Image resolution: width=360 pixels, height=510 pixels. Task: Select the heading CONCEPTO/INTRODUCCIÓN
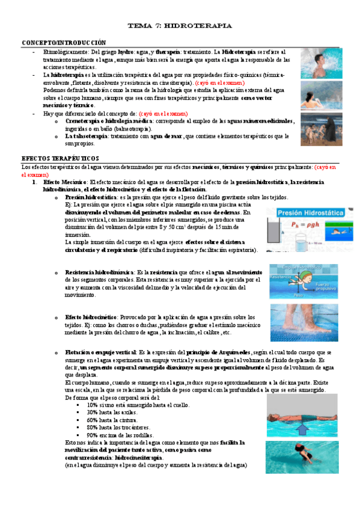pyautogui.click(x=64, y=43)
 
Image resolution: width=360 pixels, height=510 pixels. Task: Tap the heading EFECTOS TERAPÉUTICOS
pyautogui.click(x=56, y=157)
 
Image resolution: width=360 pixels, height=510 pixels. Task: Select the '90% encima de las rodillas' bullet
pyautogui.click(x=120, y=435)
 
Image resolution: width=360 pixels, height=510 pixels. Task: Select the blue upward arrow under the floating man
pyautogui.click(x=302, y=428)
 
